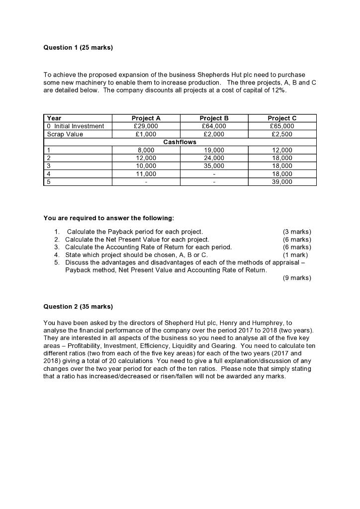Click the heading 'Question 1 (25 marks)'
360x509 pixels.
78,48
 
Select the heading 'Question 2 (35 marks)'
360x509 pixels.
78,307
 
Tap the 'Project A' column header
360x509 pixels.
146,118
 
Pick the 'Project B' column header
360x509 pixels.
214,118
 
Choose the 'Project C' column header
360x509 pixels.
281,118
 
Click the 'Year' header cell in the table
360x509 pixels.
54,118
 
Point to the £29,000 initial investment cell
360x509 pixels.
146,126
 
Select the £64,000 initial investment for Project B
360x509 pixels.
214,126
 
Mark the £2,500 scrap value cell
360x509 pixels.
281,134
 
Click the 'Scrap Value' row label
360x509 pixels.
65,134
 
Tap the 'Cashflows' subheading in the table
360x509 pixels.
180,142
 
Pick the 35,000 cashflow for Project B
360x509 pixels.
214,166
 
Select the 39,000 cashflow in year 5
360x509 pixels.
281,182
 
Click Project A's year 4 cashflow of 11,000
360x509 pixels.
146,174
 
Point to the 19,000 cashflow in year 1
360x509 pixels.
214,150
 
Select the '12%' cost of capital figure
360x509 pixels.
279,91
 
